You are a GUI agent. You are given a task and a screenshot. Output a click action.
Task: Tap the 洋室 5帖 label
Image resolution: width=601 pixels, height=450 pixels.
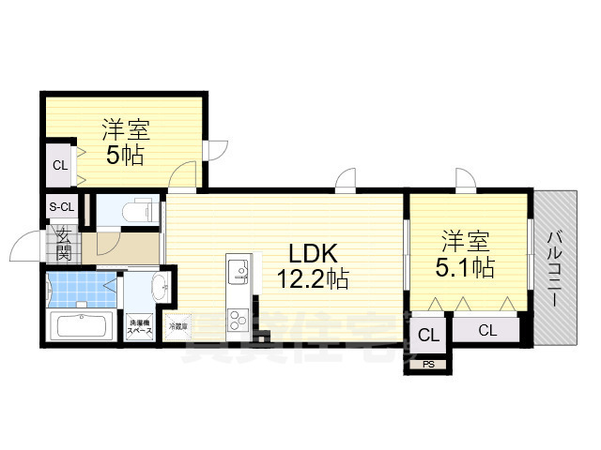125,142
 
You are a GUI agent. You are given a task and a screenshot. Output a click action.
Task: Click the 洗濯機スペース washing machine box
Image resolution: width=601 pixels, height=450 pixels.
140,325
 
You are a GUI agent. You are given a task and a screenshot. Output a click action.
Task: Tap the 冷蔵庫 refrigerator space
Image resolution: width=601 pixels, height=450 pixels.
177,327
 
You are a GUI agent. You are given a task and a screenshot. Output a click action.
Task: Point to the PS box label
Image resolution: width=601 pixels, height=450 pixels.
428,364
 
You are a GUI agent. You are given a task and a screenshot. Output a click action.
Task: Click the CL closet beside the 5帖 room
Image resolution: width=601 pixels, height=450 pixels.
59,166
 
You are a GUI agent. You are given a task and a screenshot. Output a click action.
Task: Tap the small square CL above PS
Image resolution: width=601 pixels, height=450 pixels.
428,334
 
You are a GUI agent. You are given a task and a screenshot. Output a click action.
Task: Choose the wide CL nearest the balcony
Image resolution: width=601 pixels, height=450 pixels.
486,329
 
